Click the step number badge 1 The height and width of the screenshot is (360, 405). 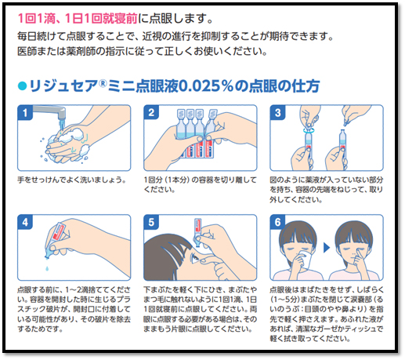click(x=25, y=113)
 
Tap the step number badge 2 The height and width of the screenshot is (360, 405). click(x=151, y=113)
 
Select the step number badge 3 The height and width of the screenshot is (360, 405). click(x=277, y=113)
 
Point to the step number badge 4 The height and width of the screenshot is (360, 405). click(x=25, y=222)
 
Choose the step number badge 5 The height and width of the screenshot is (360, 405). click(x=151, y=222)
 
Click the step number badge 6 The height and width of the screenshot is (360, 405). click(x=277, y=222)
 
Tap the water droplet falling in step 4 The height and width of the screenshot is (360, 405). click(x=47, y=268)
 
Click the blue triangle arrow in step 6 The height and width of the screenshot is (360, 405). click(x=327, y=248)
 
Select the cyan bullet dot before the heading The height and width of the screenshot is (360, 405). click(x=22, y=86)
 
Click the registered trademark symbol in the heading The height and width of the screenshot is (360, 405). click(x=103, y=83)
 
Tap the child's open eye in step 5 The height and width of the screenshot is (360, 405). click(x=195, y=259)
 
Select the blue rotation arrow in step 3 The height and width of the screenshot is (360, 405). click(x=309, y=130)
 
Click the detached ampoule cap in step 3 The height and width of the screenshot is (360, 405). click(x=346, y=122)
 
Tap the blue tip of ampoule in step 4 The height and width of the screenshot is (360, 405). click(x=49, y=254)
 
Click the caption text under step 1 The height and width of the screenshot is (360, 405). click(x=72, y=180)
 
